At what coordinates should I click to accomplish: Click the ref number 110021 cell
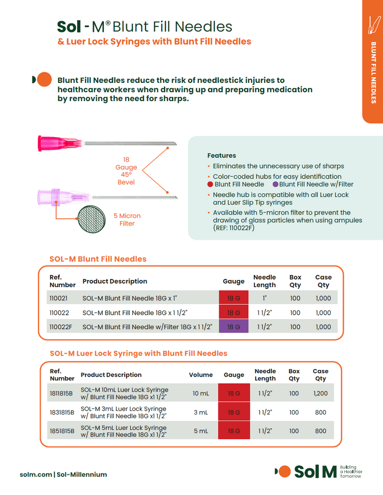tap(58, 298)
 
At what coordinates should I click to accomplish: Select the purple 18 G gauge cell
tap(234, 327)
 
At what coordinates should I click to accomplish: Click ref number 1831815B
tap(62, 412)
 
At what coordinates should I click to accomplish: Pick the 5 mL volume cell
tap(201, 431)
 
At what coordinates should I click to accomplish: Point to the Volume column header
tap(201, 375)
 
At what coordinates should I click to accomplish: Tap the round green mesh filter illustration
tap(94, 221)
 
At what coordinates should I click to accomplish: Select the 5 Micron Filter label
tap(127, 219)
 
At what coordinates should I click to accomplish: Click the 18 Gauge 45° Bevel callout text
tap(126, 171)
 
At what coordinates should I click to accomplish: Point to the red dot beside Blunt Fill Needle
tap(210, 184)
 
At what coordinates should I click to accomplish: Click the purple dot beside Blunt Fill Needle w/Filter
tap(275, 184)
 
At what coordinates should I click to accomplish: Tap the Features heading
tap(222, 155)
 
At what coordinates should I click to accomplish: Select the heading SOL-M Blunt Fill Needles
tap(98, 259)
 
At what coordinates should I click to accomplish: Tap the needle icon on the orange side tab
tap(372, 25)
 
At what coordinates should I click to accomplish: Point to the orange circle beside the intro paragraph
tap(44, 80)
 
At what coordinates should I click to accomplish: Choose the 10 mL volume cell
tap(201, 393)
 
